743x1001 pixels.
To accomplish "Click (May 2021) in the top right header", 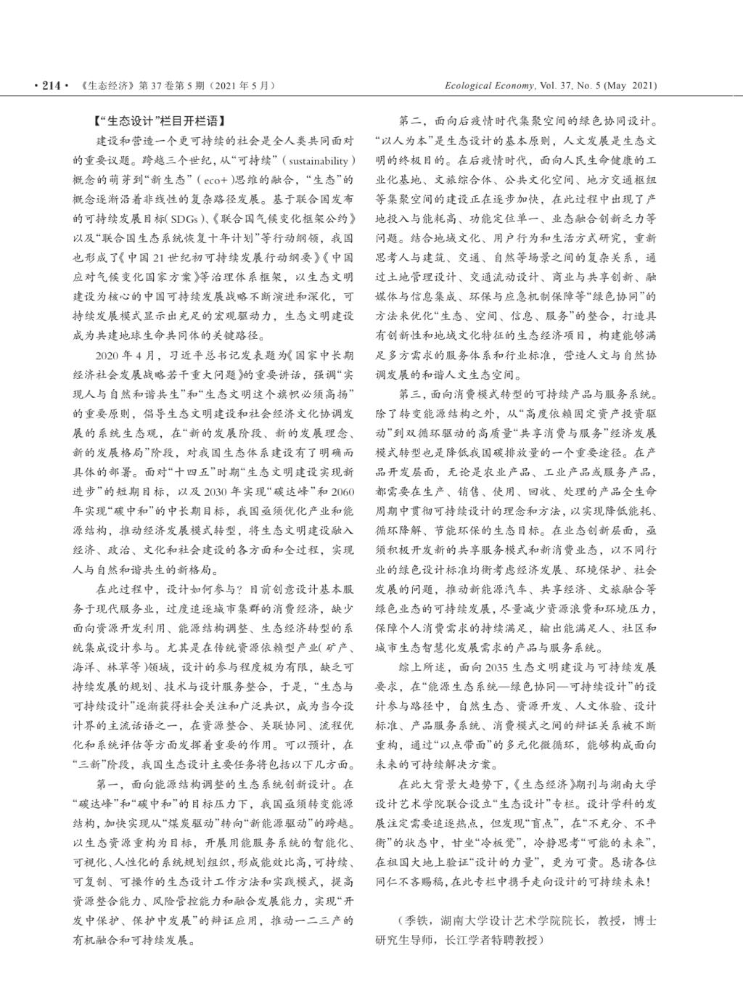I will pos(631,86).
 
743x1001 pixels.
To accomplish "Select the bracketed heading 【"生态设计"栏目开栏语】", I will pos(159,120).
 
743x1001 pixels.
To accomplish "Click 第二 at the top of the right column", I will pos(410,120).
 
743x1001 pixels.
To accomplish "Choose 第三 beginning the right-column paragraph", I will pos(410,395).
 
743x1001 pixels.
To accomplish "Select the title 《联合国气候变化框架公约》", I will pos(284,218).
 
